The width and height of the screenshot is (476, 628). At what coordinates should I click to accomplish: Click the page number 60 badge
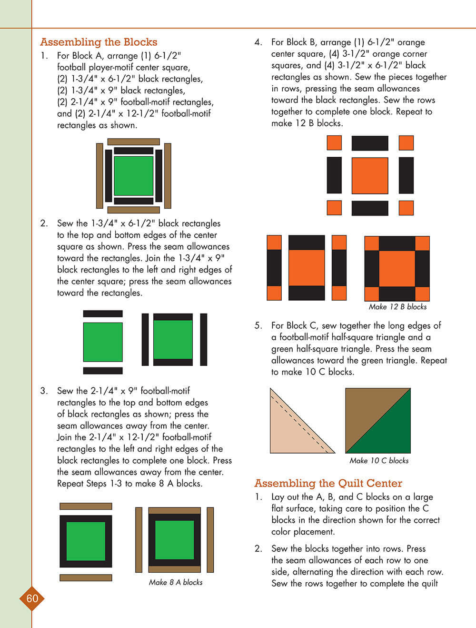32,598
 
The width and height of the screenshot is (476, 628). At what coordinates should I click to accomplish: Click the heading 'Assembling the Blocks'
99,42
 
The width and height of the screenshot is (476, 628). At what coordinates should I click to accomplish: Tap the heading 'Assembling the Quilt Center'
328,483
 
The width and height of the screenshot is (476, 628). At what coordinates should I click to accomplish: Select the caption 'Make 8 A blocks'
175,582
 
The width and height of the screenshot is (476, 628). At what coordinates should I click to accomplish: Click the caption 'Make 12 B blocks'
397,307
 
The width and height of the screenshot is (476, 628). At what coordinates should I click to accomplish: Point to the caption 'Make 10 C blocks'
379,461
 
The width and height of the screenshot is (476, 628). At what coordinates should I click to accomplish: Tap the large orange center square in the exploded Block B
370,176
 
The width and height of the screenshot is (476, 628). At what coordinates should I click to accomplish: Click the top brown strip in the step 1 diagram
134,142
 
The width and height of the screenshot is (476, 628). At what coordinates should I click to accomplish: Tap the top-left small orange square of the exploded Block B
334,143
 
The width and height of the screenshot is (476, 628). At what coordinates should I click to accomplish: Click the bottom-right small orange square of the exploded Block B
406,208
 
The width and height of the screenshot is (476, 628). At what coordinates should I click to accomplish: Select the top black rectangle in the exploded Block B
370,143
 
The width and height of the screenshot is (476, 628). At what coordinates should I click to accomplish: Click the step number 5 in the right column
258,325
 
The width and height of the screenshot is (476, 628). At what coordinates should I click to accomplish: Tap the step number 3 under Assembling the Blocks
44,391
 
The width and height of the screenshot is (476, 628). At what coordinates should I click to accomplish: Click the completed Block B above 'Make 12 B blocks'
397,268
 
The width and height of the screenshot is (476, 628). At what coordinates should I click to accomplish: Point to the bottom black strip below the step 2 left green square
103,371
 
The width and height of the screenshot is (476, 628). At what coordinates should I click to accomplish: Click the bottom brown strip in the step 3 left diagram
86,578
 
